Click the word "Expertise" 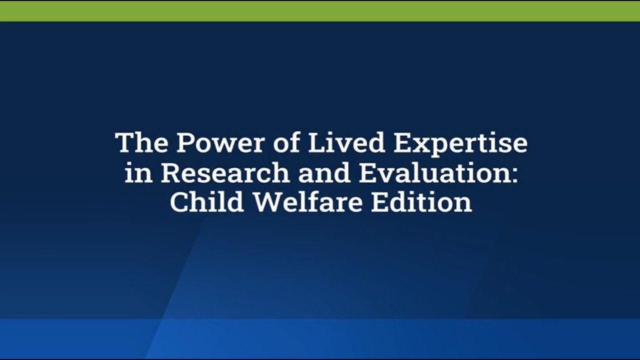click(460, 144)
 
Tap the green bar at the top click(320, 11)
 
